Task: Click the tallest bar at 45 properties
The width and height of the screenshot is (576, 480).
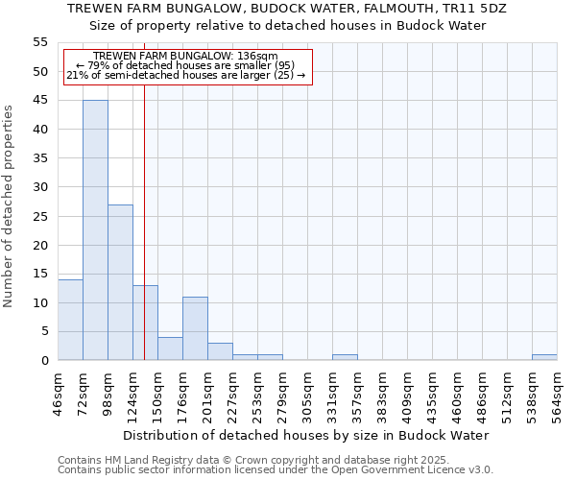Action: coord(95,230)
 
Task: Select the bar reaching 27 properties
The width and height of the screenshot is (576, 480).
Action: coord(120,282)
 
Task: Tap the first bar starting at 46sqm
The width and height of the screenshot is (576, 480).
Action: coord(70,320)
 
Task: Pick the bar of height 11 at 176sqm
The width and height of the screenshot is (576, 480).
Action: coord(195,328)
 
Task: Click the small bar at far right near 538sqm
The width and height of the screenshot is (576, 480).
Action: coord(544,357)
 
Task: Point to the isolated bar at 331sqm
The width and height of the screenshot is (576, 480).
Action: coord(345,357)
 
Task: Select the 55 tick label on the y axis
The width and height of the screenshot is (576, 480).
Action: coord(39,42)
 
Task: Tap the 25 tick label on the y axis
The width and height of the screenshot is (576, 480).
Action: coord(39,216)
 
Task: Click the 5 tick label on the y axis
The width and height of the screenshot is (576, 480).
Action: coord(43,331)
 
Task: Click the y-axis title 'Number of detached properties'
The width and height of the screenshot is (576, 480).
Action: coord(9,206)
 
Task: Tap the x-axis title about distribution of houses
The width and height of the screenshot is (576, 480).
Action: coord(306,435)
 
